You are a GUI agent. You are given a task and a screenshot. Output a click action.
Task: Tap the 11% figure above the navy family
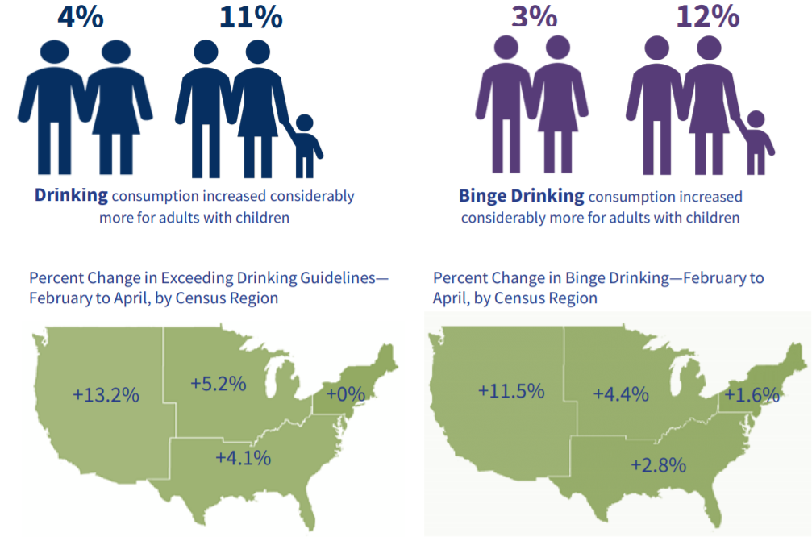coord(251,17)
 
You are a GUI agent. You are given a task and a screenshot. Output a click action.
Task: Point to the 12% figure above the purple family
coord(708,16)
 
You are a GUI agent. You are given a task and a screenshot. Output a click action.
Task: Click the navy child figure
coord(306,146)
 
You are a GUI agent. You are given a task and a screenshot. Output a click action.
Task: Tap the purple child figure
coord(758,143)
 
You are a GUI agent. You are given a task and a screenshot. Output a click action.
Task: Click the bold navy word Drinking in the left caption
coord(71,195)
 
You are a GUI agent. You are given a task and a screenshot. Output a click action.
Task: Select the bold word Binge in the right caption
coord(482,196)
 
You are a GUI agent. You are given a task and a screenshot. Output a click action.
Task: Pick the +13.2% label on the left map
coord(106,395)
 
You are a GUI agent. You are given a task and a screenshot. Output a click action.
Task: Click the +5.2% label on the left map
coord(218,384)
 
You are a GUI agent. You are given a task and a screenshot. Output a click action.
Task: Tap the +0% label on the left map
coord(345,394)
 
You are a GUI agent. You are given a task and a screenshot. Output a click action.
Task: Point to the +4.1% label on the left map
coord(243,458)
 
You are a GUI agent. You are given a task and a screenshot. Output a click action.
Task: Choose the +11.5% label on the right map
coord(511,391)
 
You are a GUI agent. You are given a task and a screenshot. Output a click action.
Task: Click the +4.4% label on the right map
coord(621,394)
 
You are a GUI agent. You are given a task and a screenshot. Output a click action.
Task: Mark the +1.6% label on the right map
coord(752,396)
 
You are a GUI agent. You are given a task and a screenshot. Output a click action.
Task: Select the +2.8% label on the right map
coord(658,465)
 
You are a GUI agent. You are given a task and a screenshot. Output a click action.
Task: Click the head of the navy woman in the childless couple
coord(116,52)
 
